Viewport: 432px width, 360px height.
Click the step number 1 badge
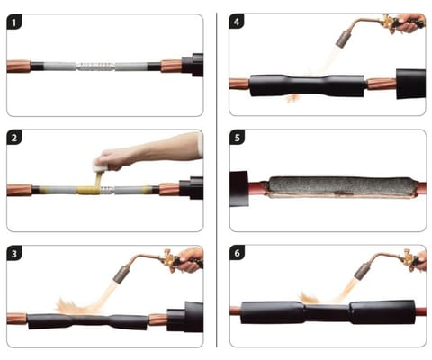click(x=14, y=22)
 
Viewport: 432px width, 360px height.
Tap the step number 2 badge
click(x=14, y=138)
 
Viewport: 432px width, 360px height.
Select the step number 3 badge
click(x=14, y=254)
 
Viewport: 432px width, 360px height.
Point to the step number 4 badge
click(x=237, y=22)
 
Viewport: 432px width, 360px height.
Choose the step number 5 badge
click(x=238, y=138)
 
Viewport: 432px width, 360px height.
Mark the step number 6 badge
click(x=238, y=253)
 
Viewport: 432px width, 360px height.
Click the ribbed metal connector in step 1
click(x=96, y=67)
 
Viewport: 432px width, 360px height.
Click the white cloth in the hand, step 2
click(x=99, y=166)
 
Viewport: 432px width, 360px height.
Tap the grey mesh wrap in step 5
click(x=341, y=185)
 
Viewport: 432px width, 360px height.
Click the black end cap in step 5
click(x=239, y=189)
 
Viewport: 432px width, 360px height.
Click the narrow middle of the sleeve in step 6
click(x=327, y=312)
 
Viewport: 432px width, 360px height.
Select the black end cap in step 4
click(x=410, y=84)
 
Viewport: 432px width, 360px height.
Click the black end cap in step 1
click(x=193, y=65)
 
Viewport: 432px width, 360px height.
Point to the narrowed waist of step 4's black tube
click(x=308, y=85)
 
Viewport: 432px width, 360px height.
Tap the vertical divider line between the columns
click(x=217, y=180)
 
